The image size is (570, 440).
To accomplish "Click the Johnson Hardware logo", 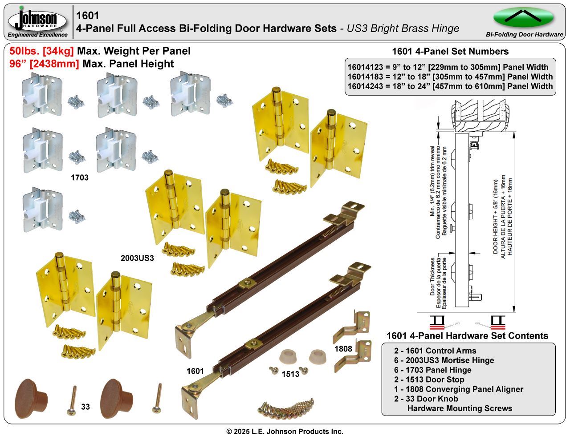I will (x=37, y=20).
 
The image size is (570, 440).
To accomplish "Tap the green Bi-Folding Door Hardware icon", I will (x=523, y=17).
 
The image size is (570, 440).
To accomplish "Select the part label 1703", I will (x=80, y=178).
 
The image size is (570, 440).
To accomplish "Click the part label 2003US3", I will (x=137, y=258).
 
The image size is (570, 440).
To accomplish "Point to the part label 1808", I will (x=343, y=349).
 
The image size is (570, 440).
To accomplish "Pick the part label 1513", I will (x=290, y=374).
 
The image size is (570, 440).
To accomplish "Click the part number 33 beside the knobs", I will (x=85, y=407).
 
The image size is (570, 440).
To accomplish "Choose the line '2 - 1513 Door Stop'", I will (x=429, y=379).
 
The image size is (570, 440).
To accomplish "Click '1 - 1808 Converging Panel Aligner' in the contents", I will (x=458, y=389).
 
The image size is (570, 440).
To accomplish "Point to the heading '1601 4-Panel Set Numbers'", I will (x=450, y=51).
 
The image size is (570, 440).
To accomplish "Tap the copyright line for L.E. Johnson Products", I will (x=285, y=432).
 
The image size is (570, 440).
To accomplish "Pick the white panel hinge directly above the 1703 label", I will (x=115, y=149).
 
